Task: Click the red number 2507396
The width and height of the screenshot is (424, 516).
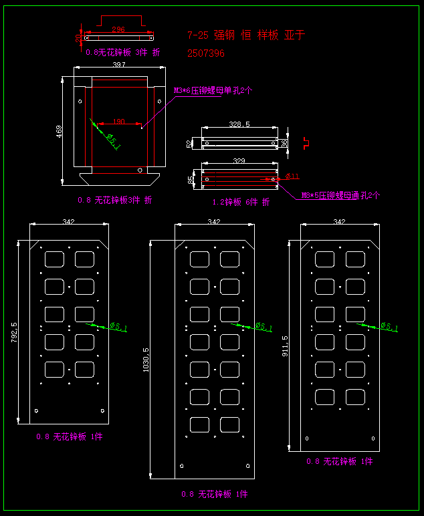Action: (x=206, y=53)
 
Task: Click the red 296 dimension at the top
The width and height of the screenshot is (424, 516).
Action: (x=118, y=29)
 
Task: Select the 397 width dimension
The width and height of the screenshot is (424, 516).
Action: (x=119, y=65)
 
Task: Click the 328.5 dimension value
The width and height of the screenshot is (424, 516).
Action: (x=239, y=124)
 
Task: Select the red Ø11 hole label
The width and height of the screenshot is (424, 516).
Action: (x=292, y=176)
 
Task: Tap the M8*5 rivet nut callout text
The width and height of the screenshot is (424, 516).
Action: (x=340, y=195)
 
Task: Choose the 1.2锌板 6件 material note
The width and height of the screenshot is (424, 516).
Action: (x=241, y=201)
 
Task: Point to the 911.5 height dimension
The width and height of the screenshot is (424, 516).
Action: (x=286, y=346)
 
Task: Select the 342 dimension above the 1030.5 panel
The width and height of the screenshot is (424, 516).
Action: (x=214, y=222)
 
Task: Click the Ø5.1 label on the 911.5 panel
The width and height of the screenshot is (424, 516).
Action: (x=389, y=327)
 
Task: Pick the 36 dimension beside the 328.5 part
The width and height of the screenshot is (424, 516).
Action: (x=284, y=142)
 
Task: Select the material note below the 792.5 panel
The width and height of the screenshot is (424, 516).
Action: (x=70, y=436)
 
